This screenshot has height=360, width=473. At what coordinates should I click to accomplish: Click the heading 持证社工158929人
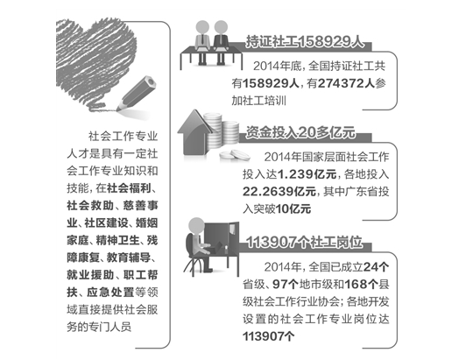click(305, 42)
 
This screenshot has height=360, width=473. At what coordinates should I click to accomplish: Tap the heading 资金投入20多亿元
click(300, 132)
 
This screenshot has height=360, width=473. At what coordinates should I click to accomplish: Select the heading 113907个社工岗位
click(304, 242)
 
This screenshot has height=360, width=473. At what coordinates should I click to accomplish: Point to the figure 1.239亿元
click(307, 174)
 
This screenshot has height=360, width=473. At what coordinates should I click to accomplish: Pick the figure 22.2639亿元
click(279, 191)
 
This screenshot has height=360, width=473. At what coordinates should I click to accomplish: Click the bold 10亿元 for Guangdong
click(293, 208)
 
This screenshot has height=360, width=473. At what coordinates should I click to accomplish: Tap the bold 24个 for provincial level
click(376, 267)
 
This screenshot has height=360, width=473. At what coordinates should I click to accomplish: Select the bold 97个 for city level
click(286, 285)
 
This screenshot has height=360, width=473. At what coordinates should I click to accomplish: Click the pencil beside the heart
click(137, 93)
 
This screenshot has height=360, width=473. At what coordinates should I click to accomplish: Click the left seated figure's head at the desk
click(202, 27)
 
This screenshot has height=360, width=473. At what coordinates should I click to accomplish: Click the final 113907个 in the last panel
click(269, 336)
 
